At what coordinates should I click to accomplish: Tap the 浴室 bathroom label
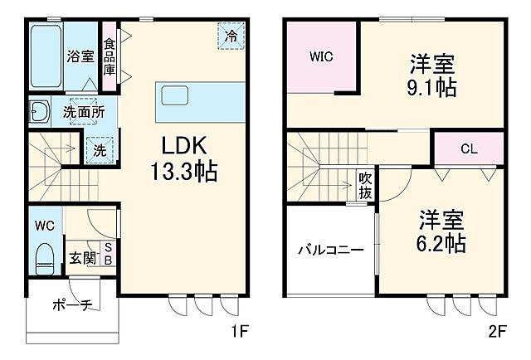(x=80, y=56)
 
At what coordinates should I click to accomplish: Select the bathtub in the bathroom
(x=46, y=56)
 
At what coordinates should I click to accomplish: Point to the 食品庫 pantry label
(x=110, y=54)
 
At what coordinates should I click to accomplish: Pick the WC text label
(x=45, y=225)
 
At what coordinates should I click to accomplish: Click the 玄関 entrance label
(x=80, y=258)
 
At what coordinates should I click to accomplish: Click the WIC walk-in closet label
(x=321, y=57)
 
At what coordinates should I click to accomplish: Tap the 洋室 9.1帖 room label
(x=432, y=75)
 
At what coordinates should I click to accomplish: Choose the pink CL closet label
(x=468, y=149)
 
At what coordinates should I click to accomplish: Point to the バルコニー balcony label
(x=331, y=249)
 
